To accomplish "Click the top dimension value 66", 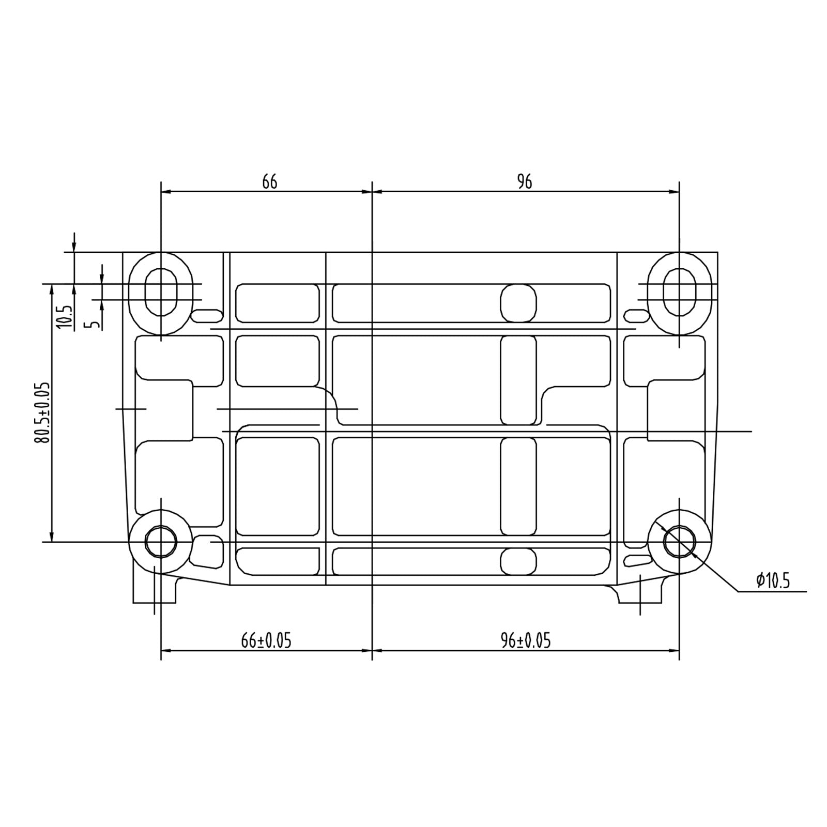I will click(270, 182).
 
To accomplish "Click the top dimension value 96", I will click(524, 182).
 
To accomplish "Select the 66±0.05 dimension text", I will click(266, 641).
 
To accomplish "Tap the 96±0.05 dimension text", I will click(526, 641).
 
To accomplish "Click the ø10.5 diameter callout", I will click(773, 581).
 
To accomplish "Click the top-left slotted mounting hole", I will click(161, 292).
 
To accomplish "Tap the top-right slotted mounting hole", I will click(679, 292).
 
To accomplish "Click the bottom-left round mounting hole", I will click(161, 542).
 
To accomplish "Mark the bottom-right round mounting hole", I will click(679, 542).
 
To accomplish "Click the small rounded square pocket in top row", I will click(518, 302).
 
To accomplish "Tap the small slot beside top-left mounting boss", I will click(207, 315).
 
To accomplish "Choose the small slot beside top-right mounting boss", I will click(636, 315).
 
